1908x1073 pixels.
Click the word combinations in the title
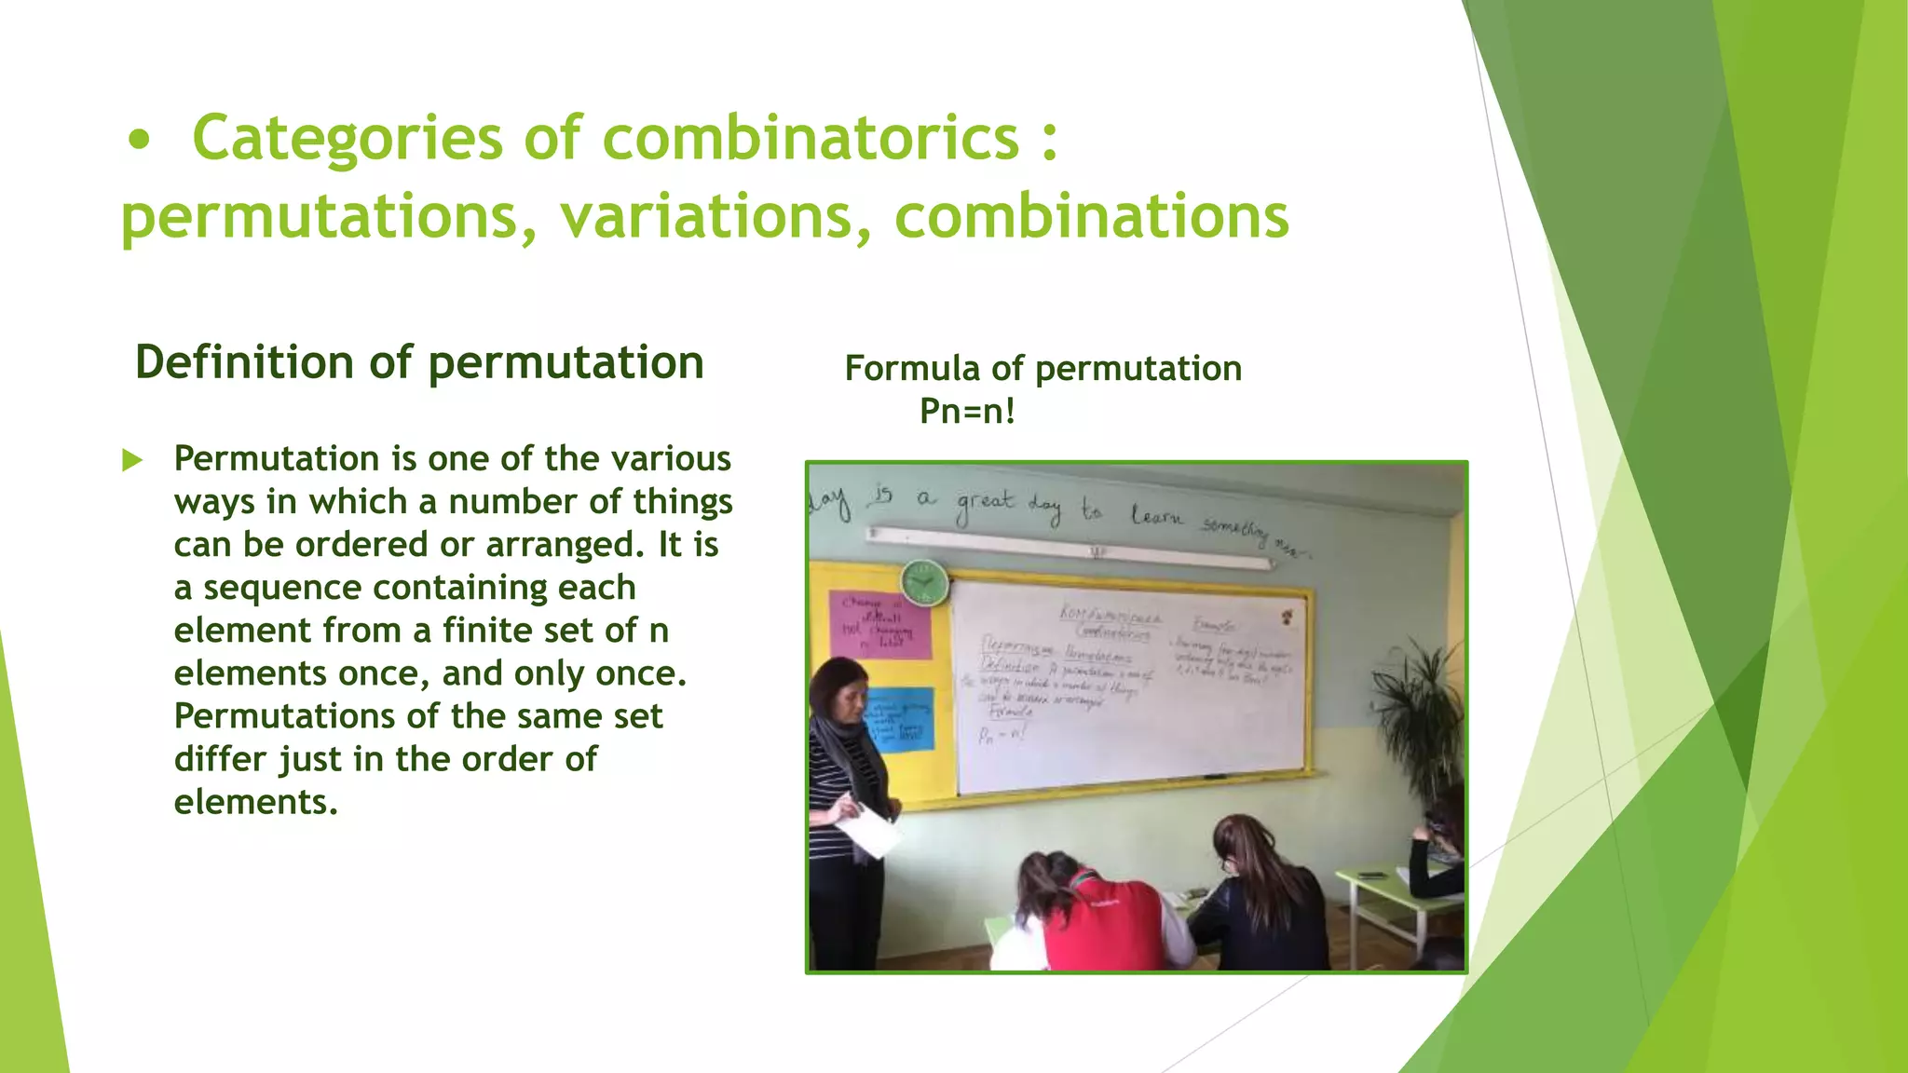(x=1091, y=218)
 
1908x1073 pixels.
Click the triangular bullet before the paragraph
(x=132, y=460)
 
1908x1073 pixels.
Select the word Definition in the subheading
(x=246, y=362)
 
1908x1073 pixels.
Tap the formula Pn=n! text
(x=967, y=411)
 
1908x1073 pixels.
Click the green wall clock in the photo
(x=924, y=582)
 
